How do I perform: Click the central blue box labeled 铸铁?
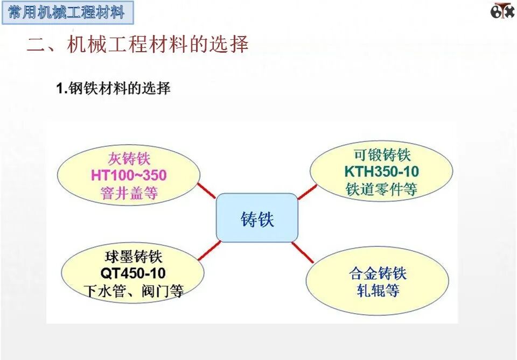[x=257, y=218]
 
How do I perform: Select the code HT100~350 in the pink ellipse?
[x=129, y=175]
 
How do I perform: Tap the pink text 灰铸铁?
[x=129, y=159]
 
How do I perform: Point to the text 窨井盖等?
[x=129, y=193]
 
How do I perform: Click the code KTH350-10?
[x=381, y=172]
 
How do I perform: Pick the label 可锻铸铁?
[x=381, y=156]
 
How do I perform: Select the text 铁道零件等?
[x=381, y=189]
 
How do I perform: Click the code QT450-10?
[x=133, y=273]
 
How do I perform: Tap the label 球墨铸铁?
[x=133, y=256]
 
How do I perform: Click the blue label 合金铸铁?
[x=378, y=273]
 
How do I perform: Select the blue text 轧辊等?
[x=378, y=291]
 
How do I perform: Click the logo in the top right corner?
[x=502, y=10]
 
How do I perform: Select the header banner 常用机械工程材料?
[x=67, y=12]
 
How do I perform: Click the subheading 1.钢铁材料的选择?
[x=114, y=89]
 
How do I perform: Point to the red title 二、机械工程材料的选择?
[x=138, y=45]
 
